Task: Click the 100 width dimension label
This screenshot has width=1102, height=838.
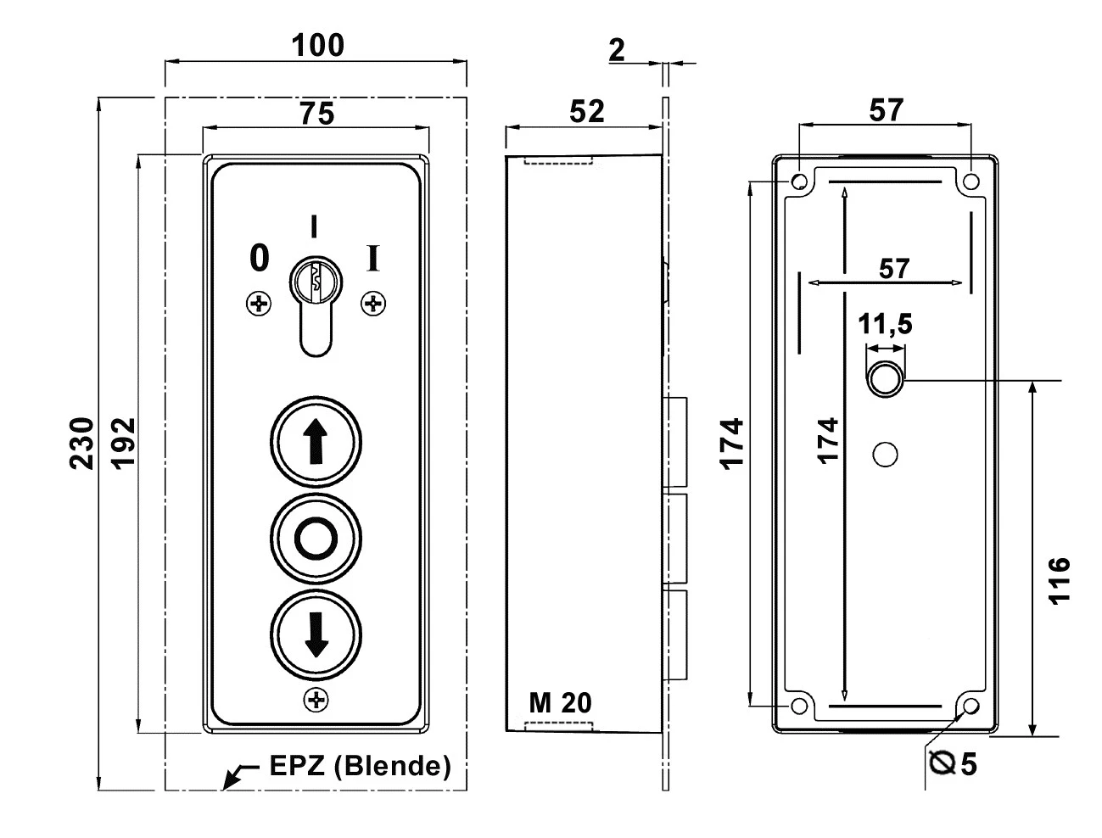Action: (x=318, y=45)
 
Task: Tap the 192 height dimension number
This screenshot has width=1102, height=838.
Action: (x=123, y=443)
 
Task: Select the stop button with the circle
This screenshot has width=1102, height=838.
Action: (x=316, y=537)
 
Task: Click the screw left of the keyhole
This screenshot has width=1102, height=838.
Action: (x=258, y=303)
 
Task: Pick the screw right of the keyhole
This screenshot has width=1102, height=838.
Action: (x=372, y=303)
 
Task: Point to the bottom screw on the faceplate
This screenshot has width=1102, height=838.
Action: (x=316, y=700)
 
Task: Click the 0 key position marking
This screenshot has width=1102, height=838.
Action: (x=259, y=257)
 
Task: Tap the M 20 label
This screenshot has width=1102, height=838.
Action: (x=561, y=702)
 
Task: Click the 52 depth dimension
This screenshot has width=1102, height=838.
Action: (x=586, y=111)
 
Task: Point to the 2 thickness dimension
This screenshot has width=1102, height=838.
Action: (x=617, y=50)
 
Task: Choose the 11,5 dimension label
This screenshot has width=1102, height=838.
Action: (x=885, y=324)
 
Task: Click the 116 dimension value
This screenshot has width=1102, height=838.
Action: (x=1059, y=580)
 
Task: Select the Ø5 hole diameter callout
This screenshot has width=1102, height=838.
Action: (x=952, y=763)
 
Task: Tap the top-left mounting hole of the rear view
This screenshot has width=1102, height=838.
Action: (x=799, y=182)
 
